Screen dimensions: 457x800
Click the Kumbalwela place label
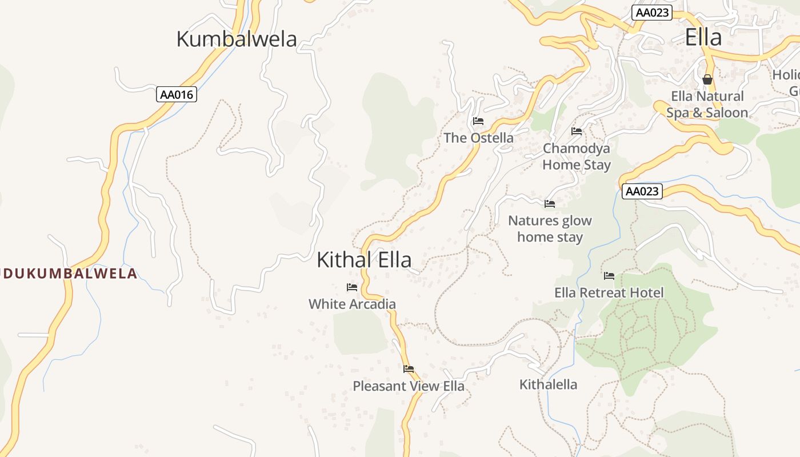(237, 39)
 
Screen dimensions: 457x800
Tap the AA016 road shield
(177, 94)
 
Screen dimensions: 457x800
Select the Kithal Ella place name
(364, 259)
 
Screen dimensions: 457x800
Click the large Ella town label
(703, 37)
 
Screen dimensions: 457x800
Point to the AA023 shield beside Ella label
(651, 13)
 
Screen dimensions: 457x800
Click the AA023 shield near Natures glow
(641, 191)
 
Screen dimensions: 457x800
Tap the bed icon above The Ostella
(478, 121)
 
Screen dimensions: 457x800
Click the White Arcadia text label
(352, 304)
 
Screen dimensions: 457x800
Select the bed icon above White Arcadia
(352, 287)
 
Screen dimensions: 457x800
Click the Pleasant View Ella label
(409, 386)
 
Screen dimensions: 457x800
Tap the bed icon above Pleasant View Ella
(409, 369)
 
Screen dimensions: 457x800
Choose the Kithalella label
(548, 384)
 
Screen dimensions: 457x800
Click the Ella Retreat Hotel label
(609, 292)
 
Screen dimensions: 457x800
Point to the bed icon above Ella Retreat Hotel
(609, 276)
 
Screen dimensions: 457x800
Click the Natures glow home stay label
(550, 228)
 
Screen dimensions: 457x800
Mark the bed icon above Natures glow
(550, 203)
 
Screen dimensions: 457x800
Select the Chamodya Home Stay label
(577, 157)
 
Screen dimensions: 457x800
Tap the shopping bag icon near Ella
(707, 79)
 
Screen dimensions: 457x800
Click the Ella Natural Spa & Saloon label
(707, 105)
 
